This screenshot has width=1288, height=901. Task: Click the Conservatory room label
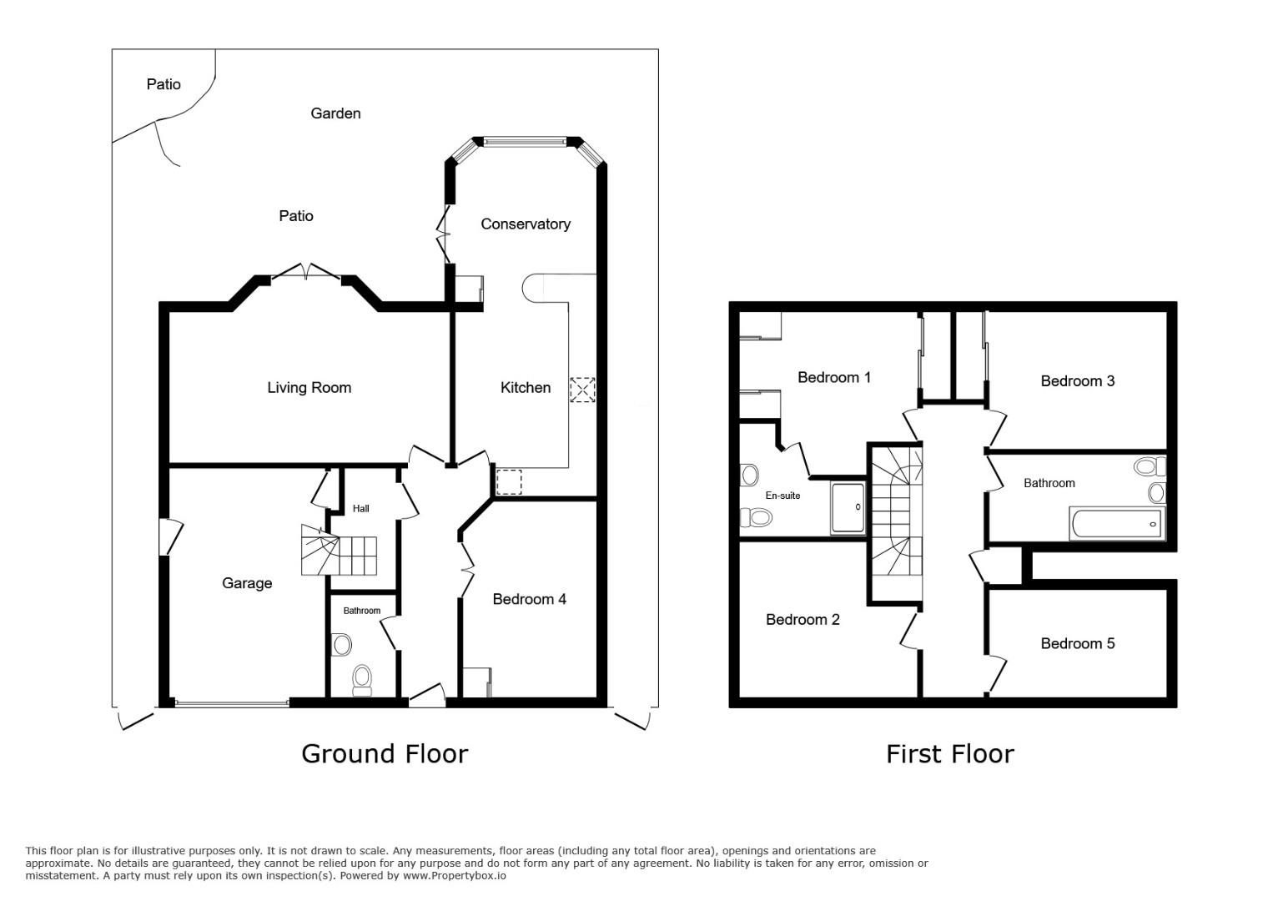click(x=525, y=224)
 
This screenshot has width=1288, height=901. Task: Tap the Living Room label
click(x=309, y=387)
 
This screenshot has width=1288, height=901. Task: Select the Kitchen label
click(x=525, y=387)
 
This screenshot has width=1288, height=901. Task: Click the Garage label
click(x=247, y=583)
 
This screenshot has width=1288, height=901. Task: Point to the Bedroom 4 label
click(x=529, y=599)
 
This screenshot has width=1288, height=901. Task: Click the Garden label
click(x=335, y=113)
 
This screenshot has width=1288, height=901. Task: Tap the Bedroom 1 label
click(x=833, y=378)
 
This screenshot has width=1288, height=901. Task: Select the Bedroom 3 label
click(x=1077, y=381)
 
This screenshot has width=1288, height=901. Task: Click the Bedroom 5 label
click(x=1077, y=643)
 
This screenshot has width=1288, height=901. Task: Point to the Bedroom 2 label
click(x=802, y=619)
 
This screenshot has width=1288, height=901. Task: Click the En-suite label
click(x=782, y=496)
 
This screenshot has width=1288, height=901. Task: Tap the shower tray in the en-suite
click(x=848, y=508)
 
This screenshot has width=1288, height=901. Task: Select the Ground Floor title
click(x=385, y=753)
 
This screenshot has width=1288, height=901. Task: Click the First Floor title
click(x=949, y=754)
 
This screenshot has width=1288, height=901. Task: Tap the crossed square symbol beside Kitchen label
click(x=582, y=390)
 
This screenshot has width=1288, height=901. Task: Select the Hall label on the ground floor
click(x=360, y=509)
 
